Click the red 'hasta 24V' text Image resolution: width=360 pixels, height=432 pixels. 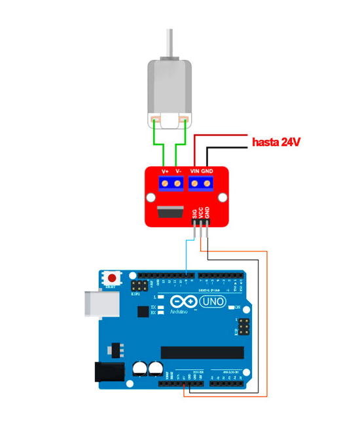[x=276, y=142]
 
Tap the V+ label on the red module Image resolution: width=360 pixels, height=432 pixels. [x=166, y=171]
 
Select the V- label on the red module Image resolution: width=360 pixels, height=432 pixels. [x=178, y=171]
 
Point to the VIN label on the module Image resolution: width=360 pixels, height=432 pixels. [x=195, y=171]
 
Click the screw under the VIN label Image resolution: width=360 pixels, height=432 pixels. [x=196, y=183]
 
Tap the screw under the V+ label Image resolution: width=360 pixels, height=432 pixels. [x=166, y=183]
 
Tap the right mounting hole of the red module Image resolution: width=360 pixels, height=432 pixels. [x=223, y=197]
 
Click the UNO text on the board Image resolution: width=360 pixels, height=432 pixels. [x=212, y=302]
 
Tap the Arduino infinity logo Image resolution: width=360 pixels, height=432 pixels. [x=184, y=302]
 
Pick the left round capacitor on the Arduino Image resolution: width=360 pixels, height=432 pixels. [x=141, y=369]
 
